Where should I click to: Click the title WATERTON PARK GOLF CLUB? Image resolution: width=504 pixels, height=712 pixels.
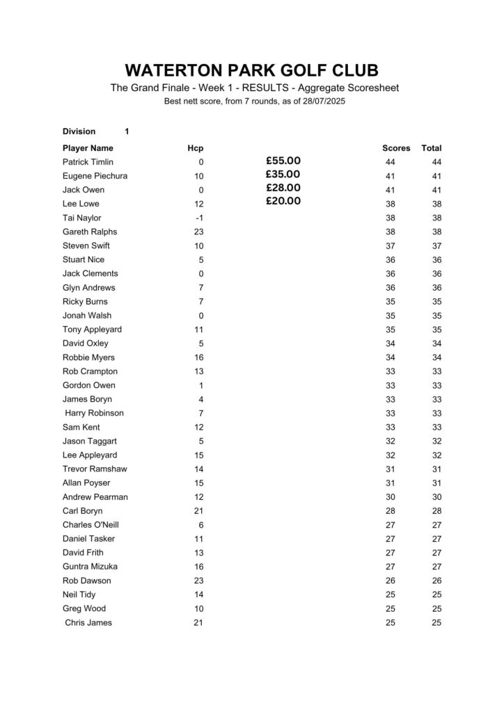coord(252,70)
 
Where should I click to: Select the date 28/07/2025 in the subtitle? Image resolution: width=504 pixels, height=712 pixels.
coord(322,102)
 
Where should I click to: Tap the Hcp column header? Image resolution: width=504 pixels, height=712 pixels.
coord(196,148)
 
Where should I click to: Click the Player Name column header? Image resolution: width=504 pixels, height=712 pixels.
coord(88,148)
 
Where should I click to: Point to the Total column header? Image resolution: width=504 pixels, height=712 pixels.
coord(432,148)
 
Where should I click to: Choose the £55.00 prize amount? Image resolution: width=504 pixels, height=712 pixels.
coord(283,161)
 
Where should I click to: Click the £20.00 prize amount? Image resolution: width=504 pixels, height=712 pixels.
coord(283,202)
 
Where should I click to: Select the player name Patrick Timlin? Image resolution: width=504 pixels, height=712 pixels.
coord(88,162)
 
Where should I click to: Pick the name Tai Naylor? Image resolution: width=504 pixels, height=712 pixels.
coord(82,218)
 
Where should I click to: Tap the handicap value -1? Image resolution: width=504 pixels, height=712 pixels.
coord(198,218)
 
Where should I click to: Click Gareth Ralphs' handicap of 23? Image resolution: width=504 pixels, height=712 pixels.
coord(198,232)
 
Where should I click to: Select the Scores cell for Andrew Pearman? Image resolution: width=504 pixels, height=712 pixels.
coord(390,497)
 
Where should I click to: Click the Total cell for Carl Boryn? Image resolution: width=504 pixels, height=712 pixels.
coord(436,511)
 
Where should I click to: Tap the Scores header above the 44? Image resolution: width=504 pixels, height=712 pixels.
coord(396,148)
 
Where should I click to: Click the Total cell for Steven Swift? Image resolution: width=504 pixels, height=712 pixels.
coord(436,245)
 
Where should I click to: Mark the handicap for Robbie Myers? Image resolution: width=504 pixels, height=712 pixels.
coord(198,357)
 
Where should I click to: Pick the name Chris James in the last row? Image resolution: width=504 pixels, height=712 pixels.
coord(88,622)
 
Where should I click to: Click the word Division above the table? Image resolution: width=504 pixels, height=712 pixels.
coord(79,131)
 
